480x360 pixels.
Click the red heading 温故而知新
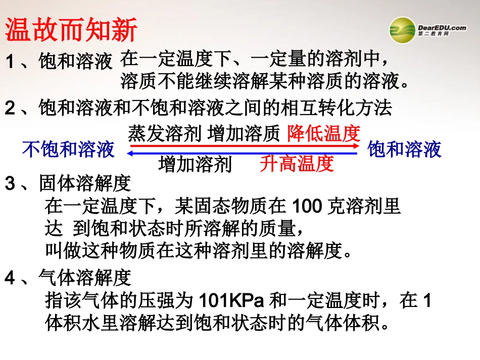tap(71, 31)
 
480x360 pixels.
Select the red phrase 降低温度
tap(324, 133)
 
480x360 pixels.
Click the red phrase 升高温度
tap(297, 164)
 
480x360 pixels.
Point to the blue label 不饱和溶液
tap(68, 149)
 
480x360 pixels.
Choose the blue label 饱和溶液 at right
tap(405, 149)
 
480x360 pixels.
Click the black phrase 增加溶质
tap(244, 133)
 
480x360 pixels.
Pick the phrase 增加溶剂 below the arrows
tap(195, 164)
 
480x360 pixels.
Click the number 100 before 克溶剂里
tap(308, 207)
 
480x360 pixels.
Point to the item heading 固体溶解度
tap(85, 184)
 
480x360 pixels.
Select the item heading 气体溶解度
tap(85, 278)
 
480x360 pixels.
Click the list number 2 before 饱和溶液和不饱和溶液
tap(11, 108)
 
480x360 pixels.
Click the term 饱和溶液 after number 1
tap(75, 62)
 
